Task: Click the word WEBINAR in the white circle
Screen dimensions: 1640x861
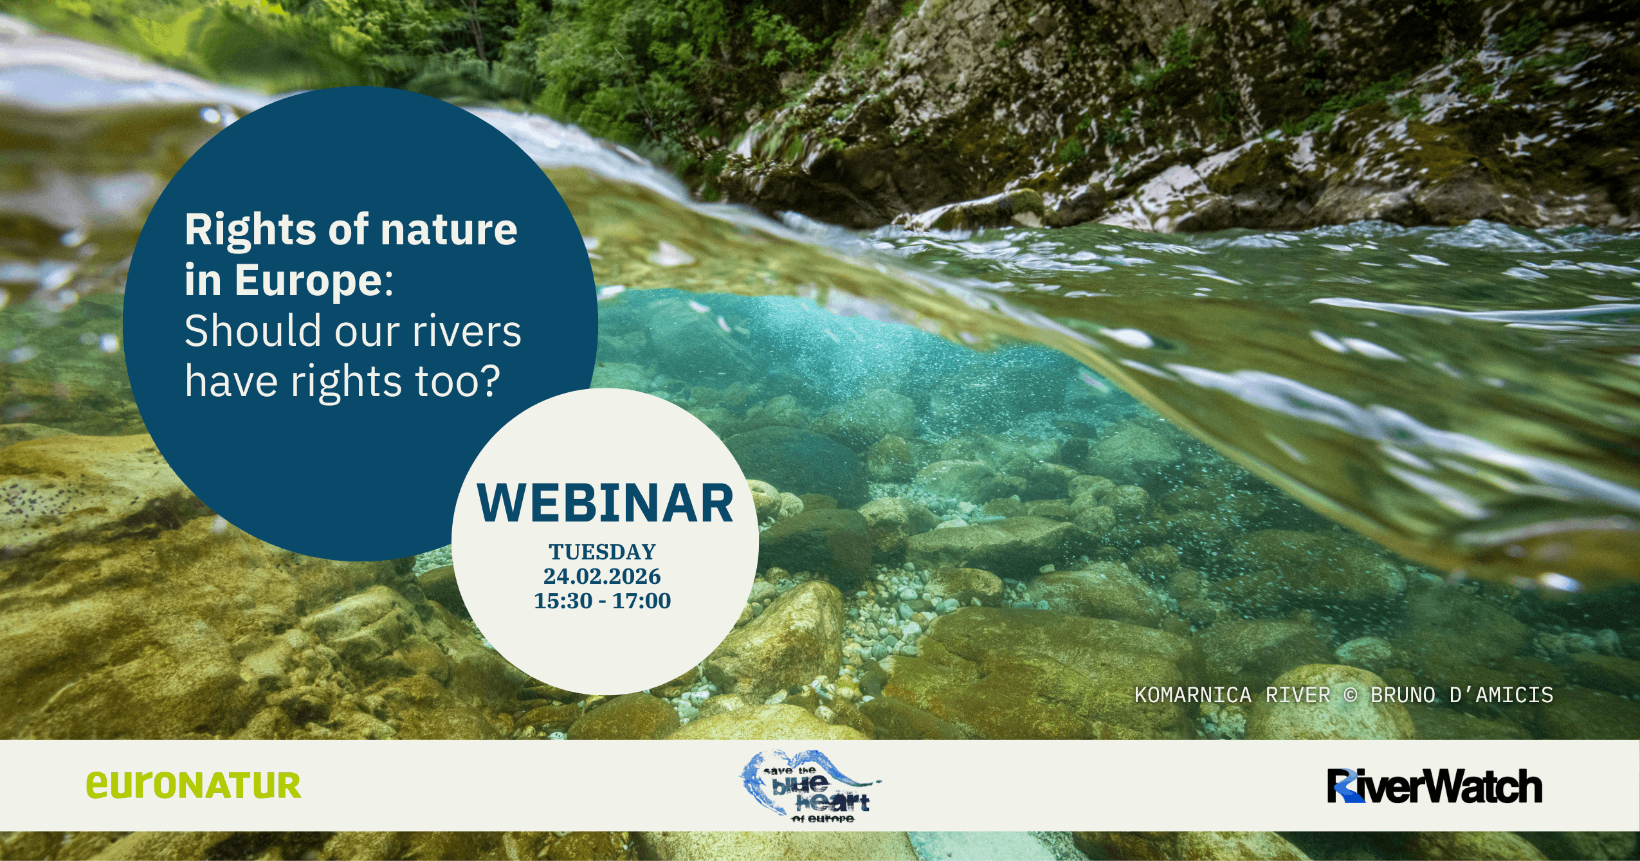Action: coord(605,503)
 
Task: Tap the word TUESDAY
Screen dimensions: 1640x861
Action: coord(603,552)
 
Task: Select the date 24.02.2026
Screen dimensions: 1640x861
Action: coord(602,576)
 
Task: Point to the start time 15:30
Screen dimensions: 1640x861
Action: coord(563,601)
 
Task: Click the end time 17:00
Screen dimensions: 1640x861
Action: coord(641,601)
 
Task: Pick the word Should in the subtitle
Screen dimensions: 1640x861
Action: coord(253,331)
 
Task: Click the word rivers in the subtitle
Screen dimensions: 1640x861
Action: coord(467,332)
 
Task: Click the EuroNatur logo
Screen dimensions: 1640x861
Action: coord(194,785)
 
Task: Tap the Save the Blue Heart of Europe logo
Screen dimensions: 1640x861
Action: coord(810,786)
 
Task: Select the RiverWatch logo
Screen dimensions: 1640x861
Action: coord(1435,786)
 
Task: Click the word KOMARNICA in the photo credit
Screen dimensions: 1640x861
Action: coord(1193,695)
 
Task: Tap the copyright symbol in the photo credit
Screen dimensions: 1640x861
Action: coord(1351,695)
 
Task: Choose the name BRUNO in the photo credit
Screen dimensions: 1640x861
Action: coord(1403,695)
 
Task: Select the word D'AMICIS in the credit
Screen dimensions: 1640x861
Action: coord(1501,695)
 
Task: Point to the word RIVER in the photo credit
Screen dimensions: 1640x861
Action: coord(1298,695)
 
